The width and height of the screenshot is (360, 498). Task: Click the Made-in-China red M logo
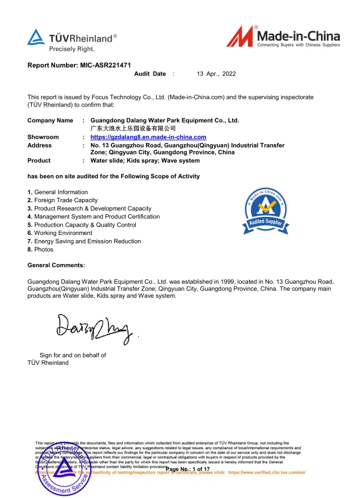(x=241, y=38)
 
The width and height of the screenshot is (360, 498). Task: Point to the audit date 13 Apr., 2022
(x=216, y=74)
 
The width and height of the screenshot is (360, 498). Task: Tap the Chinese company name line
(x=133, y=128)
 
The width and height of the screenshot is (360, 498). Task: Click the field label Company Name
(x=50, y=121)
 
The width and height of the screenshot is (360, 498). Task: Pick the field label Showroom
(x=43, y=137)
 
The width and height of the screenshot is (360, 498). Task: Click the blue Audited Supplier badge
(x=266, y=212)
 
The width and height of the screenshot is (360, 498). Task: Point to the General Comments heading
(x=56, y=266)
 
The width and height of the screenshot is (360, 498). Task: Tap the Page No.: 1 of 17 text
(x=187, y=469)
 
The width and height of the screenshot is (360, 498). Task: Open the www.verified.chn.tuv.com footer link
(x=266, y=473)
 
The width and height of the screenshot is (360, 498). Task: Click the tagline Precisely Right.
(x=71, y=49)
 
